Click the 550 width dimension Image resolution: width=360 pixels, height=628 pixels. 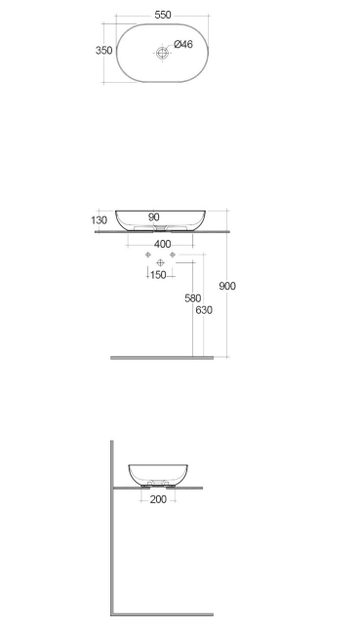(x=163, y=15)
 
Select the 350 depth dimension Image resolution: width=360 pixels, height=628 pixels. (x=103, y=51)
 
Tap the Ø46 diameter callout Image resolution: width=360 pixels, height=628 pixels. (x=183, y=44)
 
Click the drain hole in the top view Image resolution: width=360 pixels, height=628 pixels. (x=162, y=53)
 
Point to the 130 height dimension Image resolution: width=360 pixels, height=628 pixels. (x=99, y=220)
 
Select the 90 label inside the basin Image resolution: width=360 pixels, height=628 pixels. (x=153, y=217)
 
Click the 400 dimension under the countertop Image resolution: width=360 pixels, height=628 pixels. (x=162, y=244)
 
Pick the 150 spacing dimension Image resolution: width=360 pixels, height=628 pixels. (x=158, y=275)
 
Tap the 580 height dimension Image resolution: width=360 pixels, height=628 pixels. (x=193, y=298)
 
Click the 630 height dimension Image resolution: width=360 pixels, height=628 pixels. (x=204, y=310)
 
